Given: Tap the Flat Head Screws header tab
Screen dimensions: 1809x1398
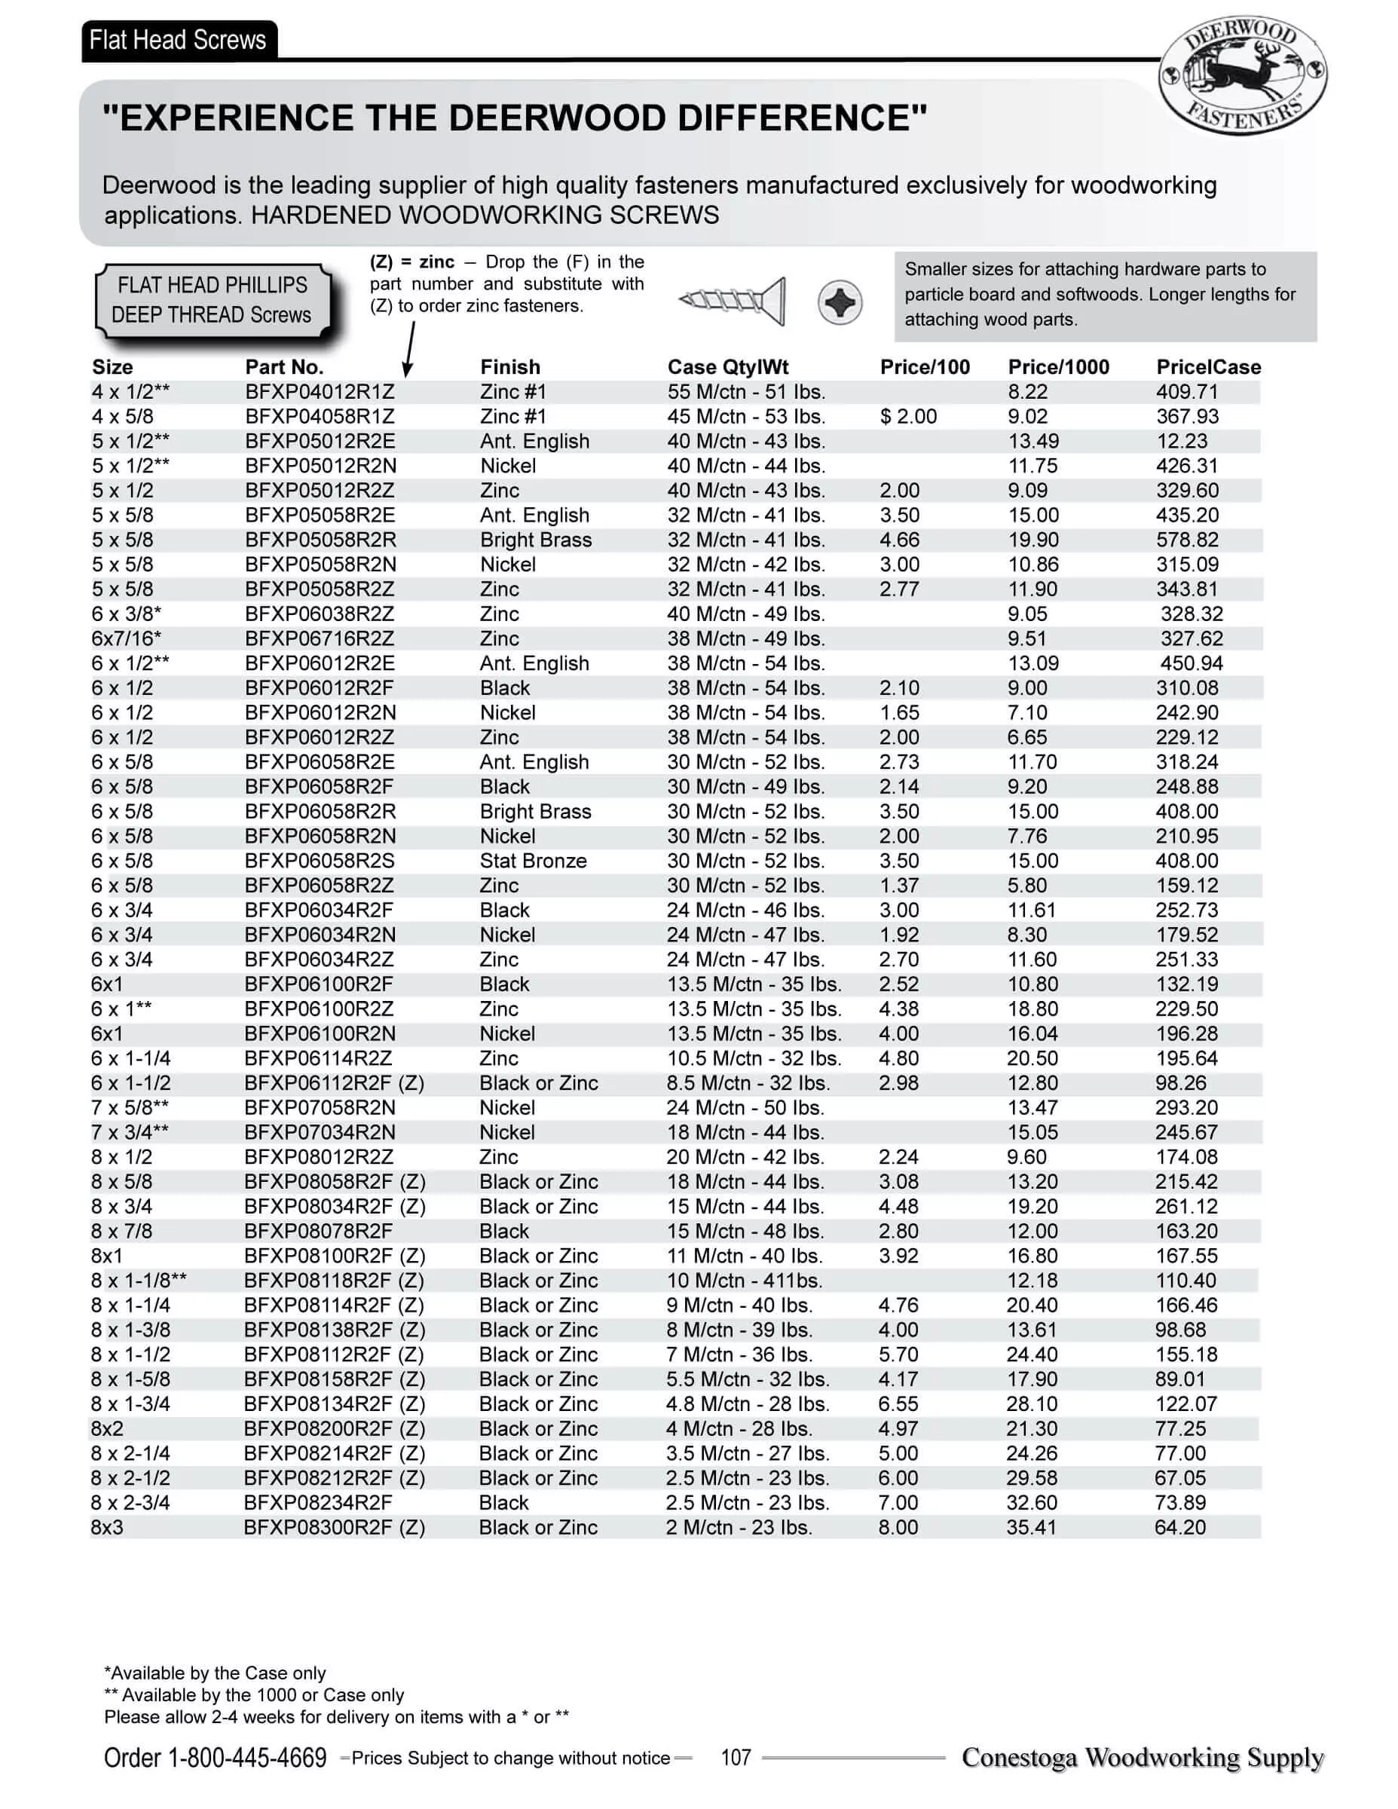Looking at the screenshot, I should pyautogui.click(x=178, y=40).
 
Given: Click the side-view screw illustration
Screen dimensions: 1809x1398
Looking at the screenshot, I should pyautogui.click(x=732, y=300).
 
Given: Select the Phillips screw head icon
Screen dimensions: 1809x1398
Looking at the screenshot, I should pyautogui.click(x=839, y=302).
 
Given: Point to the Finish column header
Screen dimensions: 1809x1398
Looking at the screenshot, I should pyautogui.click(x=509, y=367).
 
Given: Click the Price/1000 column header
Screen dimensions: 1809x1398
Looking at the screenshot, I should pyautogui.click(x=1057, y=367).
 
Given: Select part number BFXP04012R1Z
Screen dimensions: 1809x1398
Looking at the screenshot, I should pyautogui.click(x=320, y=392).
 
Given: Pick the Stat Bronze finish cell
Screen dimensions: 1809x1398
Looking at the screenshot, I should pyautogui.click(x=533, y=861).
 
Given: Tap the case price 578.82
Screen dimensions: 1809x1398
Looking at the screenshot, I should pyautogui.click(x=1187, y=540).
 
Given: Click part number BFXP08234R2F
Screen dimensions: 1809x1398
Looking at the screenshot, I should pyautogui.click(x=318, y=1502).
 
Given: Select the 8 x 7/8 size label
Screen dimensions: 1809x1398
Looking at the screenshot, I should pyautogui.click(x=122, y=1231).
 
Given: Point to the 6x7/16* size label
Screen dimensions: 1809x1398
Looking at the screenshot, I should pyautogui.click(x=126, y=638).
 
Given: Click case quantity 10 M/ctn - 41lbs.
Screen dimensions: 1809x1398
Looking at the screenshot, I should pyautogui.click(x=744, y=1281).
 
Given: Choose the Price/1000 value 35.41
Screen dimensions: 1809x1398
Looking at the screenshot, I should pyautogui.click(x=1031, y=1527).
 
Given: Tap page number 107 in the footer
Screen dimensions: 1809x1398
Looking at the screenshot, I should pyautogui.click(x=736, y=1758).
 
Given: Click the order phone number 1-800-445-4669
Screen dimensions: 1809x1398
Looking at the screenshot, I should pyautogui.click(x=246, y=1758).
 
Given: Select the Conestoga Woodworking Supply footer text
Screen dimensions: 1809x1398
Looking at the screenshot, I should pyautogui.click(x=1142, y=1758).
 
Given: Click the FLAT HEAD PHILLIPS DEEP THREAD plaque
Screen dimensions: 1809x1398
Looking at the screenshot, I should pyautogui.click(x=213, y=300).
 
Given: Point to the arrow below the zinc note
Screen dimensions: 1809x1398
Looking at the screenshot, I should pyautogui.click(x=409, y=348).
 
